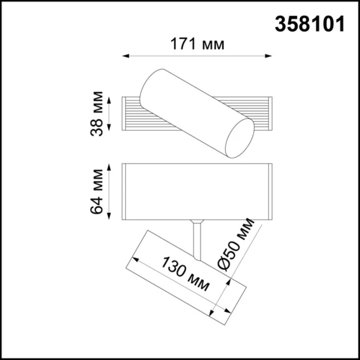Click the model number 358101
tap(310, 24)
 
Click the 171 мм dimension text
tap(197, 45)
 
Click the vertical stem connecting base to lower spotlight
tap(196, 239)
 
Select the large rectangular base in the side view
tap(196, 192)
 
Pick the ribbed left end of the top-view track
tap(131, 113)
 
